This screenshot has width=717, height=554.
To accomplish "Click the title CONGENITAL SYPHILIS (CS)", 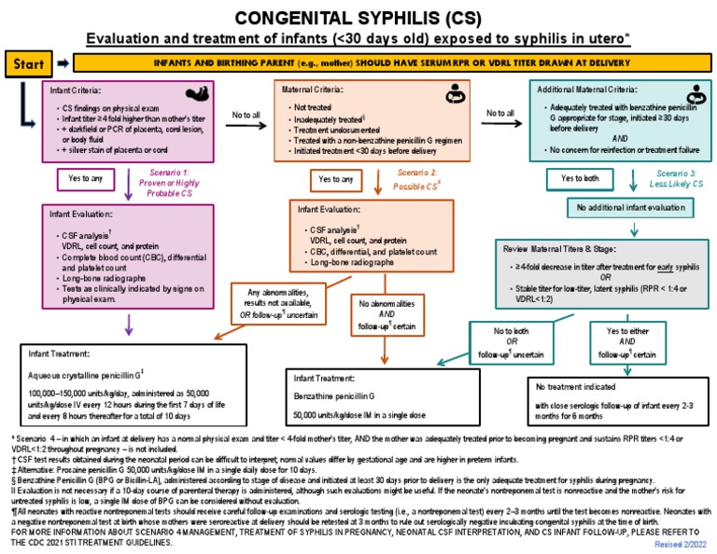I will pyautogui.click(x=358, y=18).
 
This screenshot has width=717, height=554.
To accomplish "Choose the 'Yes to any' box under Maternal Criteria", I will pyautogui.click(x=335, y=177).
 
